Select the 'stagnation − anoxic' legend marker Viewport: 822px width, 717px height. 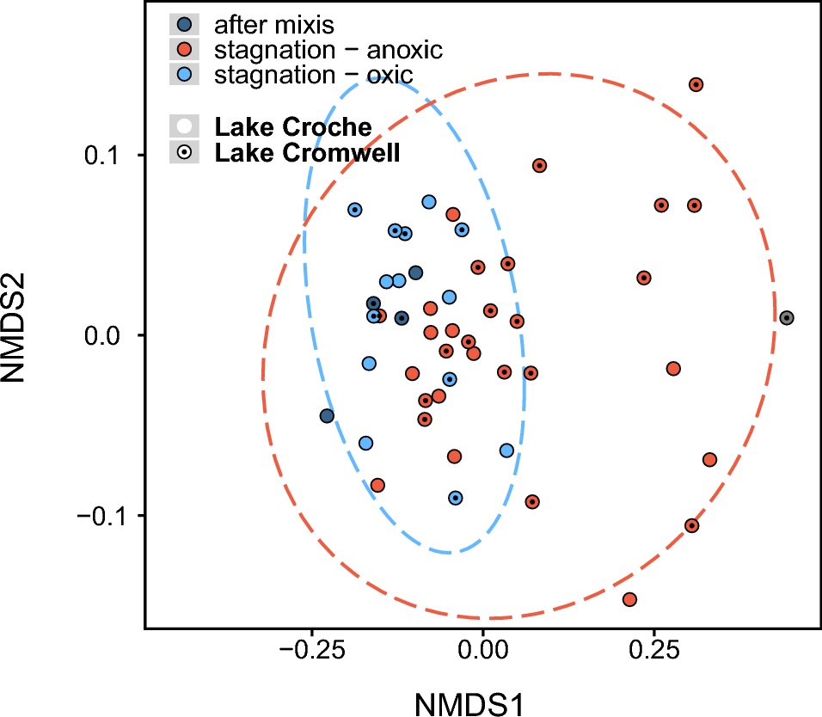point(184,50)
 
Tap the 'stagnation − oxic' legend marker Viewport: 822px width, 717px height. point(184,74)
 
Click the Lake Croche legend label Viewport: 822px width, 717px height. point(293,128)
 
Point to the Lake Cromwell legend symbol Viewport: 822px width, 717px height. point(184,153)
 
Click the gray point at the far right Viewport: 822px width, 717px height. point(786,318)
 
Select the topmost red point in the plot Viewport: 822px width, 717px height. point(696,84)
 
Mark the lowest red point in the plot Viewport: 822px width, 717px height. point(629,599)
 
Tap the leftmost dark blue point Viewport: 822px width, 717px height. point(327,416)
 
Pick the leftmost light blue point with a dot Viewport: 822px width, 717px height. point(354,210)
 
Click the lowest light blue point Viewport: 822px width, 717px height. point(455,498)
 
